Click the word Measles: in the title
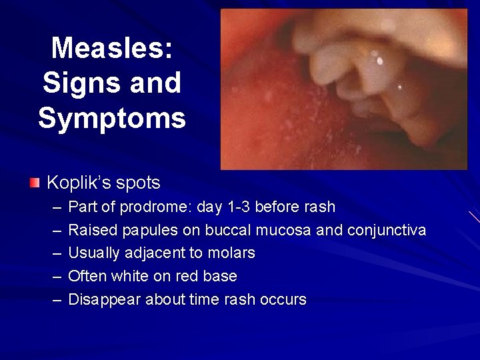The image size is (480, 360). click(x=111, y=48)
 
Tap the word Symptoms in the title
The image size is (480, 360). click(x=111, y=118)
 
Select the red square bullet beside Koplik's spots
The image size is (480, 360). click(x=35, y=182)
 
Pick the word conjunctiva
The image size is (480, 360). click(x=387, y=231)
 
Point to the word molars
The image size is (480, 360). click(x=233, y=253)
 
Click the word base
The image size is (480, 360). click(x=221, y=276)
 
